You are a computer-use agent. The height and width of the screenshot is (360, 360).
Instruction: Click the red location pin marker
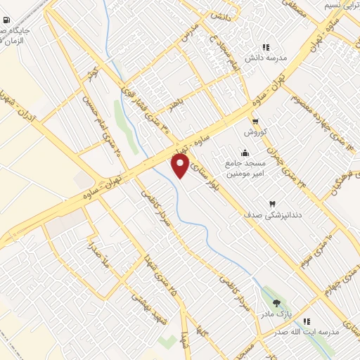click(181, 166)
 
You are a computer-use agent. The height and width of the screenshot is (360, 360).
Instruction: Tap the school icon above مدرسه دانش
click(266, 46)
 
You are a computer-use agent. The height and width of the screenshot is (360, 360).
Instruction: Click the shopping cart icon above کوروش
click(252, 120)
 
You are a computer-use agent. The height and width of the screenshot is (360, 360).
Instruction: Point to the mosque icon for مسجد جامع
click(244, 153)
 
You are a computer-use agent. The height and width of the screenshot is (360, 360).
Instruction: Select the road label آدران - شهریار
click(19, 106)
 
